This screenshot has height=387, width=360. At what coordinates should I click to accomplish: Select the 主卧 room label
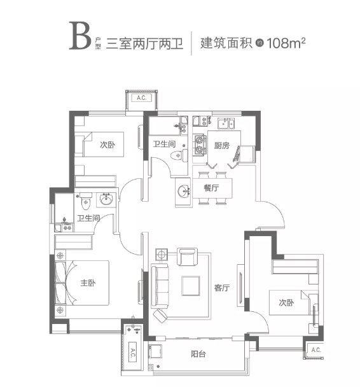(87, 283)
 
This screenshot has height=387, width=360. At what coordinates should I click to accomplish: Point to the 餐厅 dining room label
(211, 188)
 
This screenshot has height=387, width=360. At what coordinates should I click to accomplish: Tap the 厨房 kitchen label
(221, 144)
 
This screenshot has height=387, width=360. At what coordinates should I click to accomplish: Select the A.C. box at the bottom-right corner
(315, 350)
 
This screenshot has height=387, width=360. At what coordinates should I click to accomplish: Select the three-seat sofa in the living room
(160, 286)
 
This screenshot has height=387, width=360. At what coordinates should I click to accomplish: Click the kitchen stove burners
(200, 144)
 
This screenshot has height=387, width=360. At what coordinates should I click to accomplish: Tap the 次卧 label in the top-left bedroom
(107, 144)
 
